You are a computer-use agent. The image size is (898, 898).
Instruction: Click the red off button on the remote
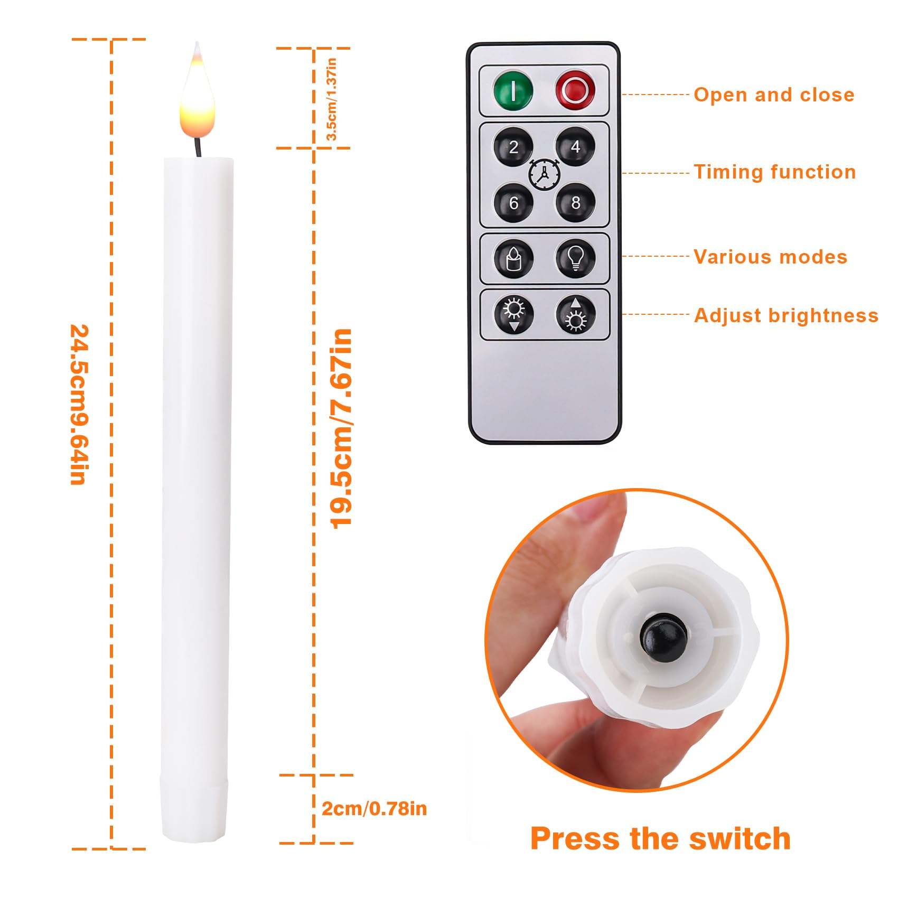[575, 90]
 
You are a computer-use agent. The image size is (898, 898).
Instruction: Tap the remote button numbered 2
[513, 147]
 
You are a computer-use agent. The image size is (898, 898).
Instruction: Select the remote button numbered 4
[575, 146]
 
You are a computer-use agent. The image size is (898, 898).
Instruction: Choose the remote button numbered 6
[513, 203]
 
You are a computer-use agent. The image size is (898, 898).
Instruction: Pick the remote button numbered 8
[575, 202]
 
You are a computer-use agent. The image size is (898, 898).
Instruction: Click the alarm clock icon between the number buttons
[544, 173]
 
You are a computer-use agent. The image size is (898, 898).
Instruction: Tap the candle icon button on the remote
[513, 259]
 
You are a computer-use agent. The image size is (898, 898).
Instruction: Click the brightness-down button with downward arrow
[514, 315]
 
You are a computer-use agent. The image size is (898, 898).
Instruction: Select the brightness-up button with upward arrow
[575, 315]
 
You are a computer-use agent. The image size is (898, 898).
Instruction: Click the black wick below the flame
[198, 147]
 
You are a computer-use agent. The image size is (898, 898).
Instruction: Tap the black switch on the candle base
[663, 638]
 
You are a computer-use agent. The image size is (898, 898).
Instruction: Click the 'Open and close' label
[774, 95]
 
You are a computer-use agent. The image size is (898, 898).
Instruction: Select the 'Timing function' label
[774, 172]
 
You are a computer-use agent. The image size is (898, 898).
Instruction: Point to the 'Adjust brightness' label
[786, 315]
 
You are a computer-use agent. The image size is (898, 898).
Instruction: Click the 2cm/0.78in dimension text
[374, 809]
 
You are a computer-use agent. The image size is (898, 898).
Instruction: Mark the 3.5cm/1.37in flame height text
[331, 99]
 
